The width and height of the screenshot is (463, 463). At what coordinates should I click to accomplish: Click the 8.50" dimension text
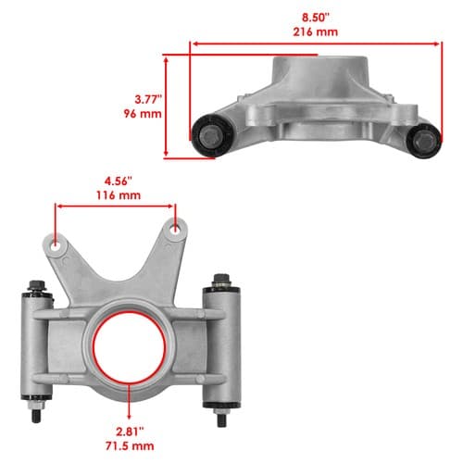tap(316, 18)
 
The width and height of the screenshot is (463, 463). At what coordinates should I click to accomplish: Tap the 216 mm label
tap(315, 31)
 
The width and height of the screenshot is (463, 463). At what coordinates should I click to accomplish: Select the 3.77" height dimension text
tap(148, 99)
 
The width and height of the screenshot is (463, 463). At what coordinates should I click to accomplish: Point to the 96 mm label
tap(143, 114)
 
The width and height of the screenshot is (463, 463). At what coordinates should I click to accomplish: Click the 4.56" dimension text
tap(119, 181)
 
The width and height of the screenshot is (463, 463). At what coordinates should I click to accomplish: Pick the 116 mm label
tap(119, 195)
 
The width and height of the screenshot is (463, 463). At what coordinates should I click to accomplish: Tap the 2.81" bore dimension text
tap(130, 432)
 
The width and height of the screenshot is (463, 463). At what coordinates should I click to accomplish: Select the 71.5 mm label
tap(130, 446)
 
